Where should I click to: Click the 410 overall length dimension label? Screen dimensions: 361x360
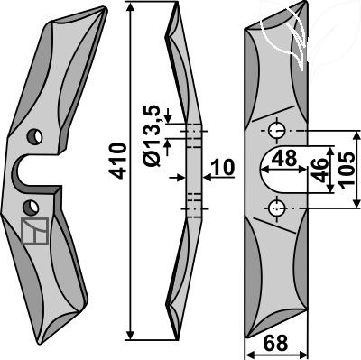click(118, 162)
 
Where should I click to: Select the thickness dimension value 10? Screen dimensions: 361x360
click(223, 168)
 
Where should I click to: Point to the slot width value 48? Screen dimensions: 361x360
click(284, 158)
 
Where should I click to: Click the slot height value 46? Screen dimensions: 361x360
click(319, 171)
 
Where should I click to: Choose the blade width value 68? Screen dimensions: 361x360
click(275, 343)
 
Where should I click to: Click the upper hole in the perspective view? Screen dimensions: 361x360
click(34, 137)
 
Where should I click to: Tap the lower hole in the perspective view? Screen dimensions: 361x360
click(31, 208)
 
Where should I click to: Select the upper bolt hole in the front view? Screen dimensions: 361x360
click(277, 131)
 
